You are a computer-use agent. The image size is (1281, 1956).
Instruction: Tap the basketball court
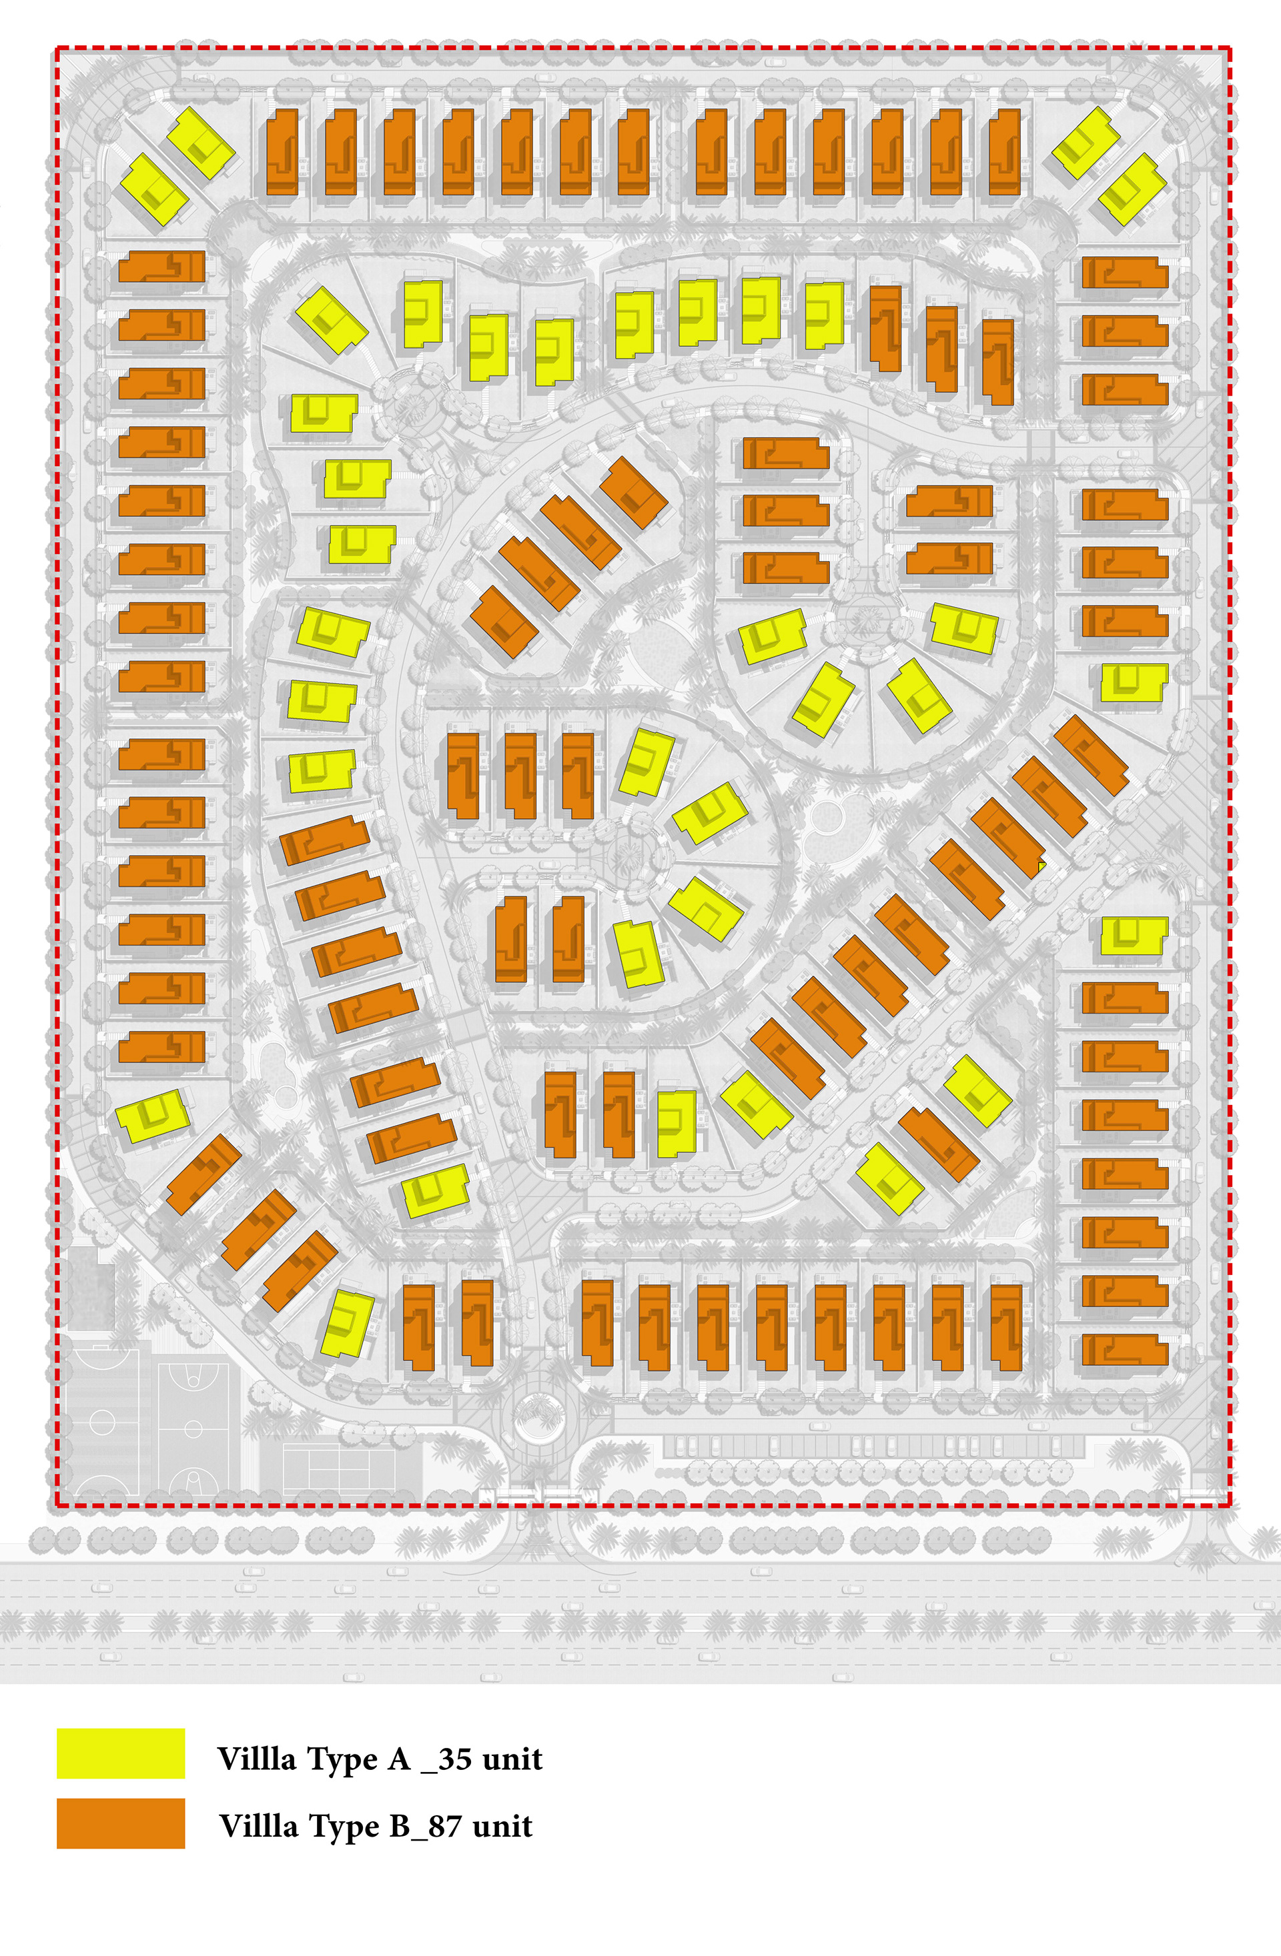coord(192,1428)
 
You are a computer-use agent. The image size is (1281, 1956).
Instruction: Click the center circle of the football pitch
coord(102,1422)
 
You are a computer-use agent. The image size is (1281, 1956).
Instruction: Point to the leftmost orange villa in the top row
coord(282,152)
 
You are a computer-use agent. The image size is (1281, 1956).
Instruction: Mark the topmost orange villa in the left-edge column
coord(162,267)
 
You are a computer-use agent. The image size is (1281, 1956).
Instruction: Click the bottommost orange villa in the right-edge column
coord(1124,1350)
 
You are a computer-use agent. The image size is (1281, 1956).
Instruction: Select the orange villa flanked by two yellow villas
coord(938,1143)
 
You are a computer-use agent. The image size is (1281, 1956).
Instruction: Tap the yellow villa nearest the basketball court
coord(347,1322)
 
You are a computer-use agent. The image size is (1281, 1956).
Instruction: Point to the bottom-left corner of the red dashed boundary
coord(56,1507)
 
